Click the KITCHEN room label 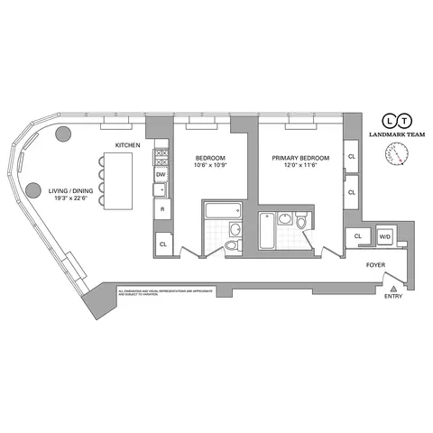[127, 145]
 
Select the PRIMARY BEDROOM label [300, 158]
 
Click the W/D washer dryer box [385, 236]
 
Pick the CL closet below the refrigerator [163, 244]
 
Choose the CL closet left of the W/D [357, 236]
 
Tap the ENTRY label [393, 296]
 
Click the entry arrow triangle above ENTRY [393, 284]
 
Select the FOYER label [376, 266]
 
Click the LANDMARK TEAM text [396, 135]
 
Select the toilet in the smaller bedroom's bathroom [233, 245]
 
